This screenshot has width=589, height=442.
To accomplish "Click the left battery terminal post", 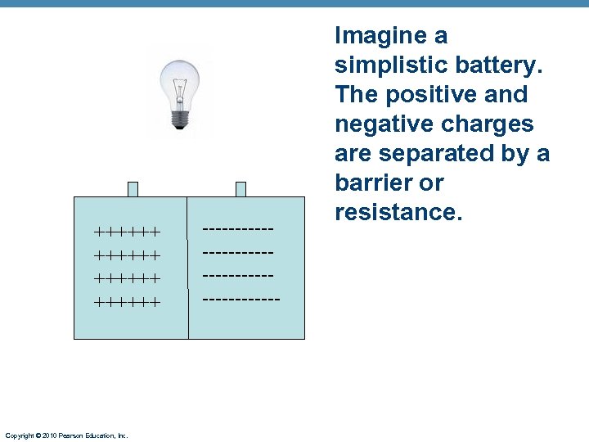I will pyautogui.click(x=133, y=189).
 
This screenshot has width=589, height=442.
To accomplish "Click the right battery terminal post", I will pyautogui.click(x=241, y=189).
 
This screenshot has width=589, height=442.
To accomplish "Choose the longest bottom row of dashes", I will pyautogui.click(x=241, y=300).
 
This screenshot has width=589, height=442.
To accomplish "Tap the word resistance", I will pyautogui.click(x=398, y=213).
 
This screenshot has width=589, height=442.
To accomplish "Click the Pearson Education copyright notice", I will pyautogui.click(x=66, y=435).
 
